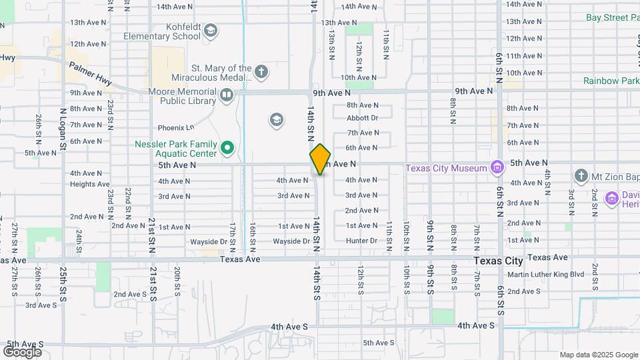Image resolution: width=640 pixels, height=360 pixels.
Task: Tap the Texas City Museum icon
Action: pyautogui.click(x=497, y=167)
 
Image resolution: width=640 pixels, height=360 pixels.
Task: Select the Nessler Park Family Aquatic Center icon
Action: pyautogui.click(x=227, y=147)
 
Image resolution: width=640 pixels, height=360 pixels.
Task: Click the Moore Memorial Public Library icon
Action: pyautogui.click(x=227, y=96)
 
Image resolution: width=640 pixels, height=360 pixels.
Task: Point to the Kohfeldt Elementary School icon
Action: pyautogui.click(x=211, y=31)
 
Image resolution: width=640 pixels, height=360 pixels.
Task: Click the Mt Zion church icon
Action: pyautogui.click(x=581, y=176)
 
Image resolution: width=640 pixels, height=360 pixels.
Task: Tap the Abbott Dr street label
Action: pyautogui.click(x=362, y=118)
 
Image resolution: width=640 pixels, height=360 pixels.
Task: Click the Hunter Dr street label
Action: pyautogui.click(x=361, y=241)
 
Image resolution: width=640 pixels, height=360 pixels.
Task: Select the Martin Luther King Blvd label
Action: pyautogui.click(x=545, y=274)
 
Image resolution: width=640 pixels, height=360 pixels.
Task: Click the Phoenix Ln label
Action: pyautogui.click(x=175, y=127)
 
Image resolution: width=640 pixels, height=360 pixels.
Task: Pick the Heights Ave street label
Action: pyautogui.click(x=89, y=184)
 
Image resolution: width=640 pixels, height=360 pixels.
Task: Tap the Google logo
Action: pyautogui.click(x=22, y=351)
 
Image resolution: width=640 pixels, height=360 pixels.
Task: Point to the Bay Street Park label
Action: pyautogui.click(x=612, y=17)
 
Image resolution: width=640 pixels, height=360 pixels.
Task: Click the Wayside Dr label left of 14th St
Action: pyautogui.click(x=291, y=241)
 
